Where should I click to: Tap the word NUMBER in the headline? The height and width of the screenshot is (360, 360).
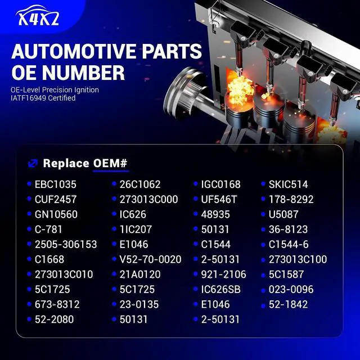click(83, 73)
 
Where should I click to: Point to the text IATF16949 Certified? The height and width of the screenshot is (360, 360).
click(43, 98)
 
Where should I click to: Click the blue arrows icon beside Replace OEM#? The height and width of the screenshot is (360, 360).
click(33, 164)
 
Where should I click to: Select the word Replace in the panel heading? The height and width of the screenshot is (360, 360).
click(66, 163)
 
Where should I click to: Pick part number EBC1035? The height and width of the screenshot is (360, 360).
click(55, 184)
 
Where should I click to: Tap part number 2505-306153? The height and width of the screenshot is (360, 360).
click(66, 244)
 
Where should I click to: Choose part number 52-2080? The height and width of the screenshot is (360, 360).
click(55, 319)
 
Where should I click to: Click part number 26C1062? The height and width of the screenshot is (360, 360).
click(140, 184)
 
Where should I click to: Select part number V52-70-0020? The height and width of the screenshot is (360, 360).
click(150, 259)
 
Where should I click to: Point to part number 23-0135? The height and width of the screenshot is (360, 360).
click(139, 304)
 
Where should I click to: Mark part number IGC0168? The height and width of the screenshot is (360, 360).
click(221, 184)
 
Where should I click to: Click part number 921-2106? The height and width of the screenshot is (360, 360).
click(224, 274)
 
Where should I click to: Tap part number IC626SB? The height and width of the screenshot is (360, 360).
click(221, 289)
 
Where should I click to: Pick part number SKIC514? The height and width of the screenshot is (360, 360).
click(289, 184)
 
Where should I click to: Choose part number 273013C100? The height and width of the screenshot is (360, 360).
click(298, 259)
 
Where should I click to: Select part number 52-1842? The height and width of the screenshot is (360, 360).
click(288, 304)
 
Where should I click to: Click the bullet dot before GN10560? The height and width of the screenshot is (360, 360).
click(29, 214)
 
